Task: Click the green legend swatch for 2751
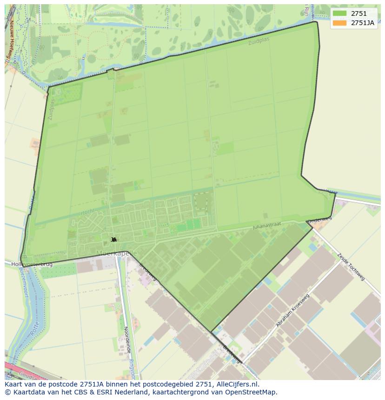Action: pos(339,13)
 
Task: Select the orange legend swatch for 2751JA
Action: pos(339,23)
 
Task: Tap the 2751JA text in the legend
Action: pos(362,23)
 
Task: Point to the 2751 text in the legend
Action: pos(358,13)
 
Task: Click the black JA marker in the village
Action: pos(114,240)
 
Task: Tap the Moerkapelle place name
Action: pos(116,253)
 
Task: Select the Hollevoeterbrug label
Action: pos(32,264)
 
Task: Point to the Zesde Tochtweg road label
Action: pos(351,267)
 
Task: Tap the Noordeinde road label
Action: pos(126,340)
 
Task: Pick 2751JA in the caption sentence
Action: pos(92,384)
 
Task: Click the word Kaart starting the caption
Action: pos(14,384)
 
